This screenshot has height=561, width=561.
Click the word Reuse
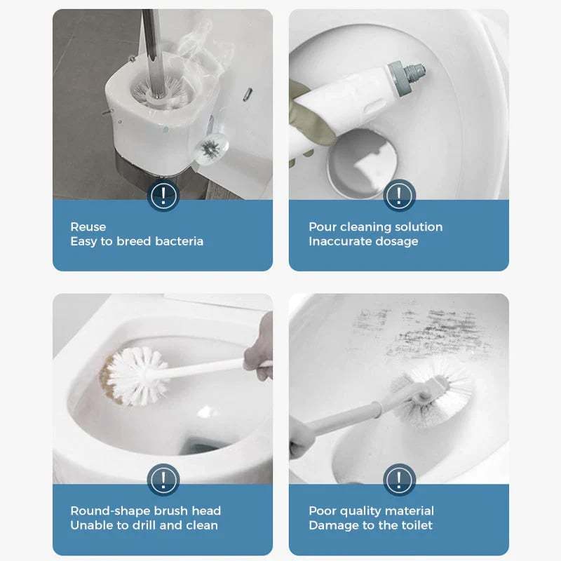88,227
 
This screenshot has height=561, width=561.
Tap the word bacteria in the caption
180,241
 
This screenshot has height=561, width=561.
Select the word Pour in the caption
321,227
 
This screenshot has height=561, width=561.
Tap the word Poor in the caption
322,511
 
